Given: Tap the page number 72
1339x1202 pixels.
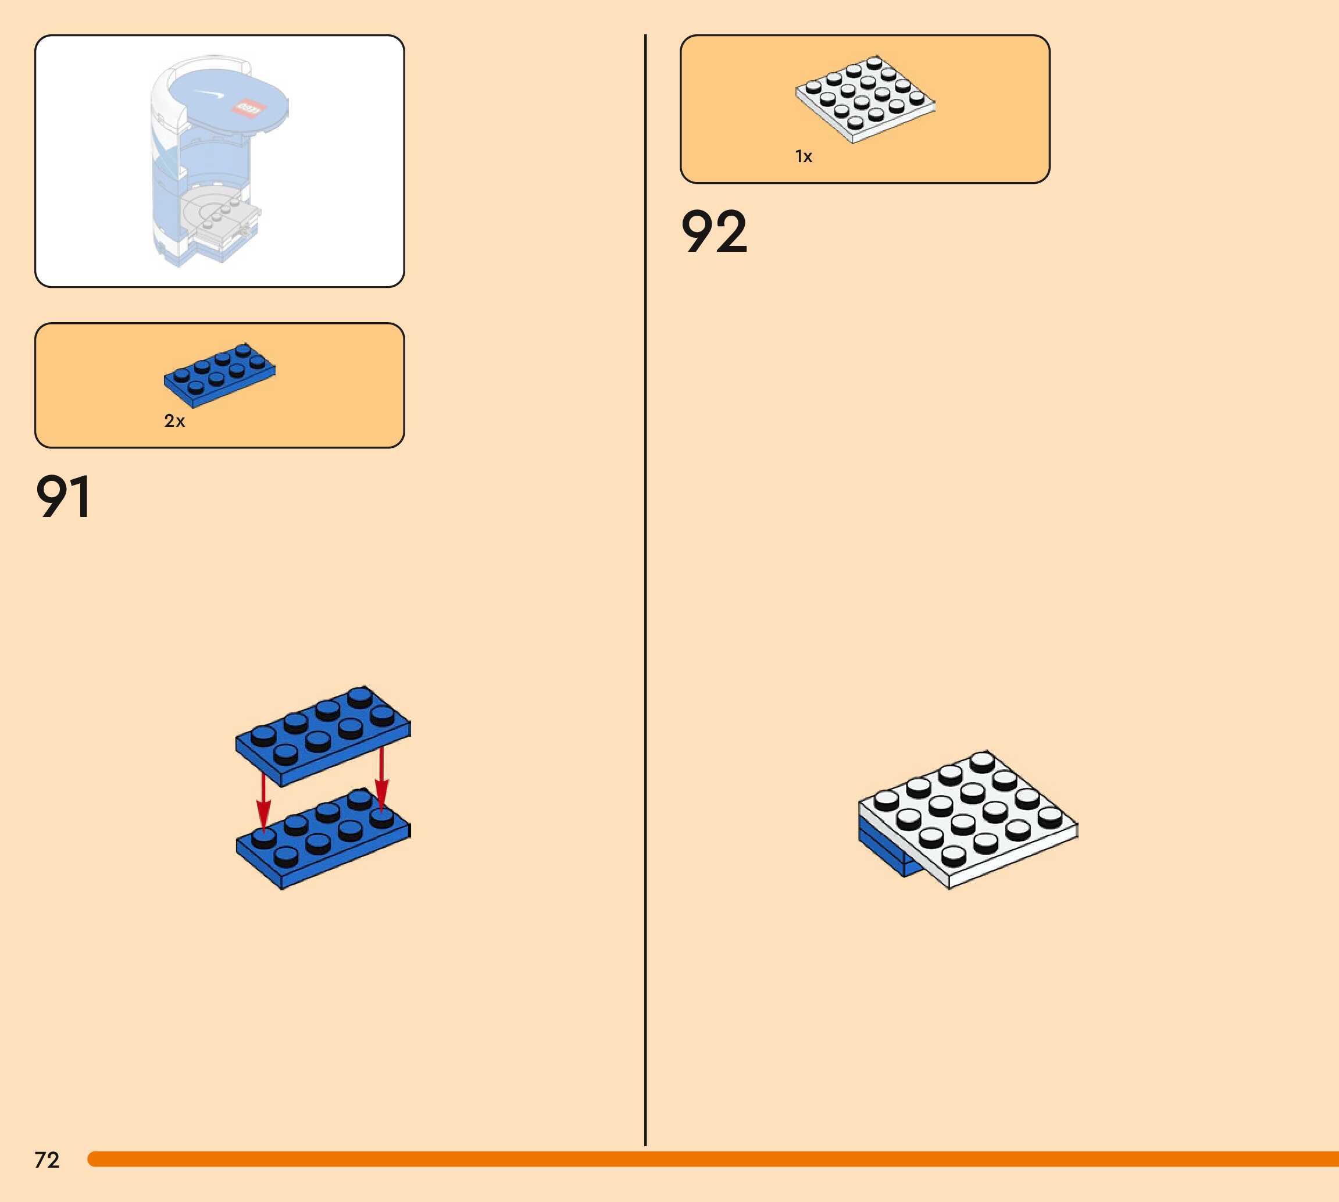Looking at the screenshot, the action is tap(47, 1160).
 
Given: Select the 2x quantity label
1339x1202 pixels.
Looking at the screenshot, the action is tap(174, 420).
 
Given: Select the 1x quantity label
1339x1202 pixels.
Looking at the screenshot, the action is tap(804, 156).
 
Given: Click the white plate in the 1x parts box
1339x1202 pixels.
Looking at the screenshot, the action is tap(865, 99).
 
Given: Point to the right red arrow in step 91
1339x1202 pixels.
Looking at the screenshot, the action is tap(381, 779).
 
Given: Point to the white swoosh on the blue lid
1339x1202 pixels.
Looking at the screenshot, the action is tap(210, 94).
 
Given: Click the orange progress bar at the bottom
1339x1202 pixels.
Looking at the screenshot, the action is tap(713, 1159).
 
